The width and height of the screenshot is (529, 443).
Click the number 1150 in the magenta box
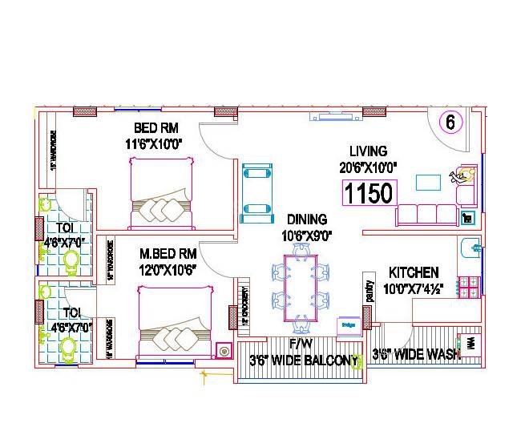369,193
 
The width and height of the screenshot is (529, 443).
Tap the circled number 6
450,123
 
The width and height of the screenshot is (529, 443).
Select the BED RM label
156,128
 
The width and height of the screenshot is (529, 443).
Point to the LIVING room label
368,151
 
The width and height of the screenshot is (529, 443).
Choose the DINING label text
307,219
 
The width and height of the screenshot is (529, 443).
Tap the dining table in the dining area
301,281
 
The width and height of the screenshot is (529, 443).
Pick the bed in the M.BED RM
174,324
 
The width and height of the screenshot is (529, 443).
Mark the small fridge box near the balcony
349,325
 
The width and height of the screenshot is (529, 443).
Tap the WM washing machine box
470,344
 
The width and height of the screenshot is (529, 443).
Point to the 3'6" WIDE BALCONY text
302,360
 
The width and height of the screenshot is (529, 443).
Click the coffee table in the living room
427,182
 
